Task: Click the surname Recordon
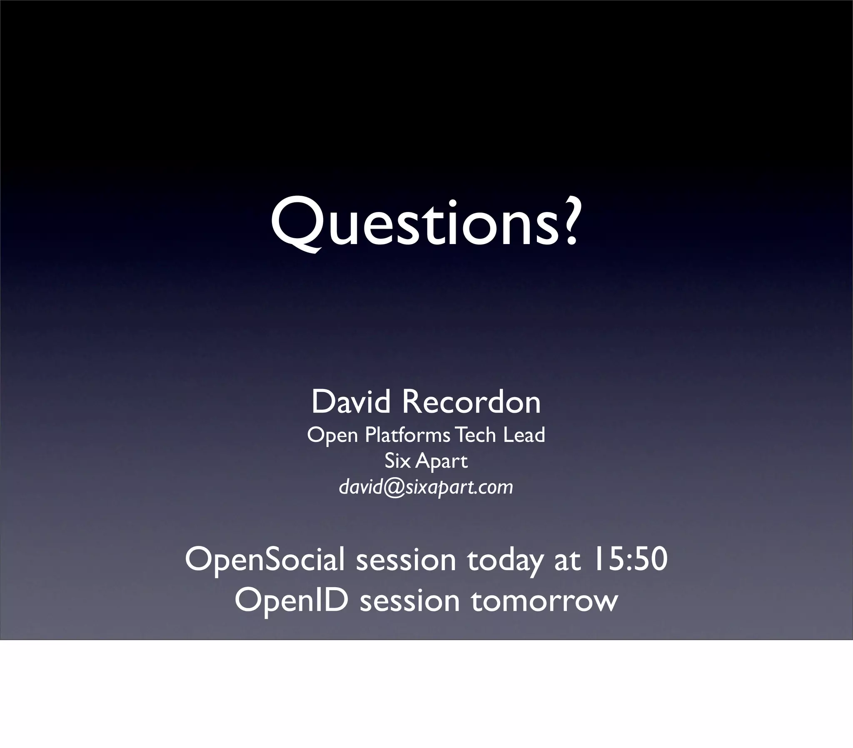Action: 471,401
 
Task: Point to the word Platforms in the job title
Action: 407,435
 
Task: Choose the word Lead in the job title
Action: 524,435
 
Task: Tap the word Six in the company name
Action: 397,461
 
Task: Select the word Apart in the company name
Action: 441,461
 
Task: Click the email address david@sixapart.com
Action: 426,487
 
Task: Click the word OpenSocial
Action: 265,559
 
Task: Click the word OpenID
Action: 291,600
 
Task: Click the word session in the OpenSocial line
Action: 406,560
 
